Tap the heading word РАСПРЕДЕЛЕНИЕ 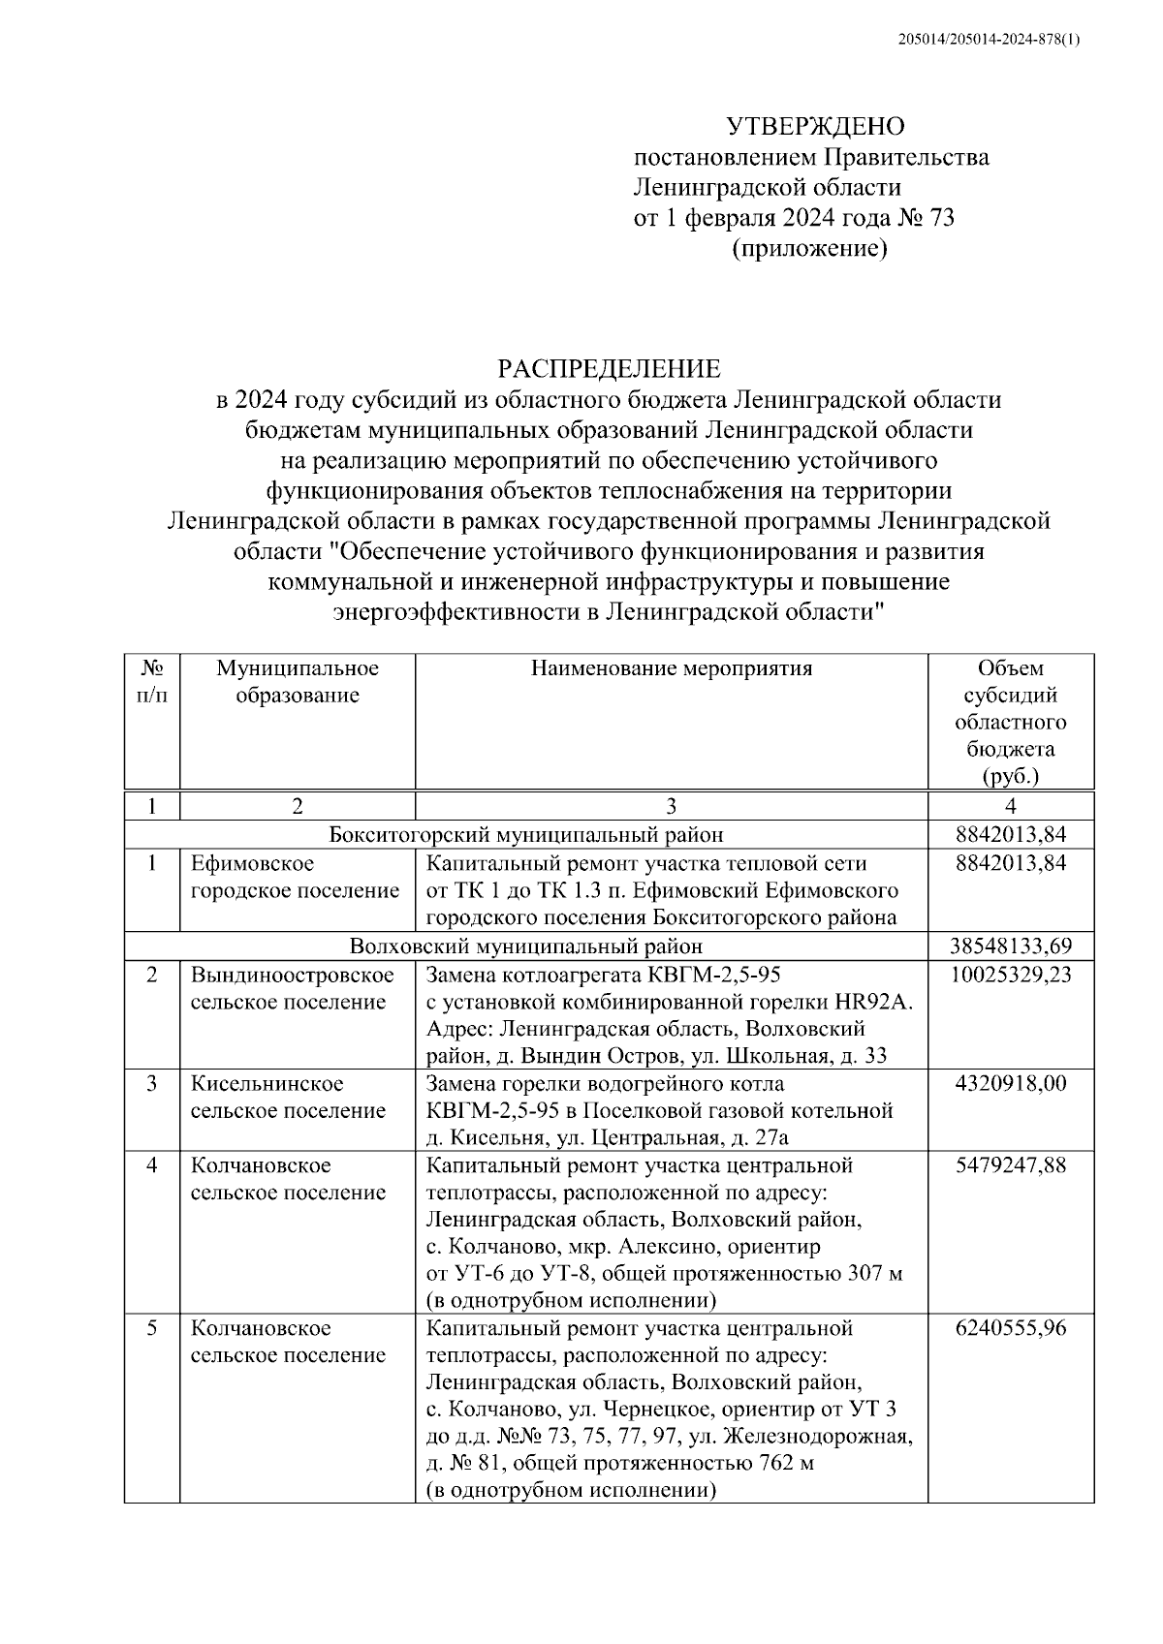pyautogui.click(x=609, y=368)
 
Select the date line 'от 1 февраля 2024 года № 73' pyautogui.click(x=793, y=218)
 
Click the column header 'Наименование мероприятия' pyautogui.click(x=671, y=668)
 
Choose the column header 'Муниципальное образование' pyautogui.click(x=297, y=682)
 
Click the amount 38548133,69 pyautogui.click(x=1011, y=946)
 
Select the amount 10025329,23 pyautogui.click(x=1011, y=975)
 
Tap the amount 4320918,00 pyautogui.click(x=1011, y=1083)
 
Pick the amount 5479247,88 pyautogui.click(x=1011, y=1165)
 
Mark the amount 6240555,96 pyautogui.click(x=1011, y=1328)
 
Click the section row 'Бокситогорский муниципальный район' pyautogui.click(x=525, y=834)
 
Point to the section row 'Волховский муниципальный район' pyautogui.click(x=525, y=946)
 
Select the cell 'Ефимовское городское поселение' pyautogui.click(x=295, y=877)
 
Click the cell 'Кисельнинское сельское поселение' pyautogui.click(x=288, y=1097)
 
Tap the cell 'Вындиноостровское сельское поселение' pyautogui.click(x=292, y=988)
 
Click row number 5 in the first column pyautogui.click(x=152, y=1328)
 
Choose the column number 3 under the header pyautogui.click(x=671, y=806)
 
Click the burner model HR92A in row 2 pyautogui.click(x=877, y=1002)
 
